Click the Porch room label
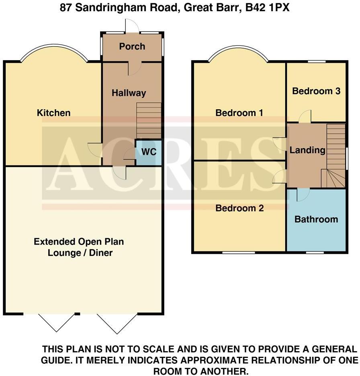point(132,47)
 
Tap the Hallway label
point(129,93)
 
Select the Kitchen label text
point(53,113)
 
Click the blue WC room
point(149,152)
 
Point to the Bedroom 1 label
point(239,113)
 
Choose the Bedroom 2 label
point(239,208)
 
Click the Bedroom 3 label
point(316,91)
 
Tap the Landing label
point(307,150)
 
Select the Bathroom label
point(316,219)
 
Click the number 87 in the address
point(66,8)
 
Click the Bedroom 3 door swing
point(305,116)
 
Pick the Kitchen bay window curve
point(53,47)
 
